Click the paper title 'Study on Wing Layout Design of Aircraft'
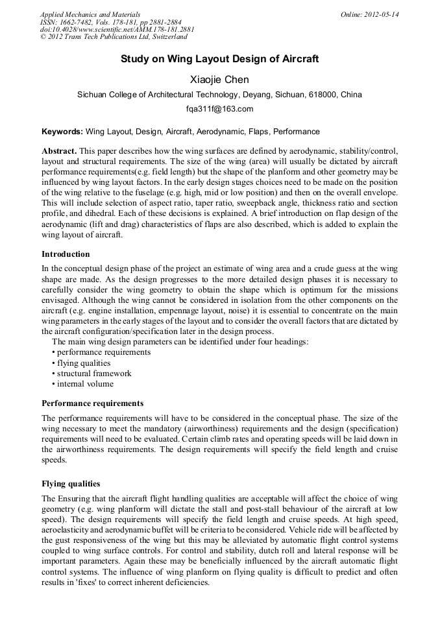(x=219, y=59)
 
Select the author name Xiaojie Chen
(x=219, y=79)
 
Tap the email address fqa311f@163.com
(x=219, y=108)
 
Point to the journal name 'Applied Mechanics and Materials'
(x=90, y=14)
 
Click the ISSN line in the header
(x=110, y=21)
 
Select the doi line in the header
(x=117, y=29)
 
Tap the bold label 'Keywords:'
(x=62, y=131)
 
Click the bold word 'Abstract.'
(x=59, y=150)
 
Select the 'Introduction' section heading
(x=66, y=254)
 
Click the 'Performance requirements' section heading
(x=92, y=403)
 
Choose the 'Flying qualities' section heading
(x=71, y=484)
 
